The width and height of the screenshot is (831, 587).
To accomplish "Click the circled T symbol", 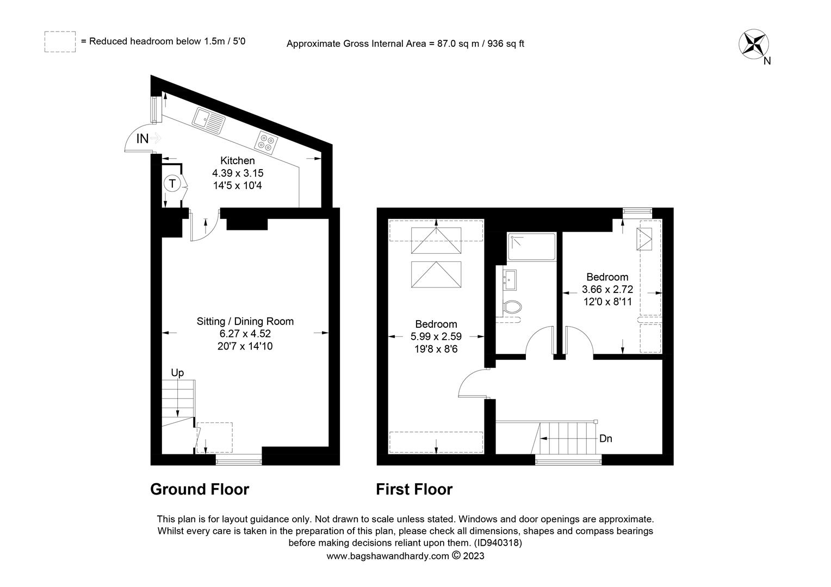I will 172,184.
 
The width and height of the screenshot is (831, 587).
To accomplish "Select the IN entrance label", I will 142,139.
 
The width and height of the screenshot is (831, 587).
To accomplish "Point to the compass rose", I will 753,44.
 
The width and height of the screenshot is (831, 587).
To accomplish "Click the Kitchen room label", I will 237,161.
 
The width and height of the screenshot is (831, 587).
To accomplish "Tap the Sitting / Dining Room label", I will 245,321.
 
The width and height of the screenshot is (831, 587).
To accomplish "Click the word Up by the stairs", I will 177,373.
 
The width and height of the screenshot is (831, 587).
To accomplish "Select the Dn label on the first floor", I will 605,439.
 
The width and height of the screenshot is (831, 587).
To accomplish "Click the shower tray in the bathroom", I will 531,247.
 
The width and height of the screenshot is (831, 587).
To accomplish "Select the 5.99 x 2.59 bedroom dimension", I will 436,336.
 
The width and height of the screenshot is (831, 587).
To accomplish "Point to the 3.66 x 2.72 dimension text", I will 607,290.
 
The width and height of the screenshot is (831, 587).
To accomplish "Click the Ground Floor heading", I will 200,490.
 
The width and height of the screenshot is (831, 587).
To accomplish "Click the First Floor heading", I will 414,490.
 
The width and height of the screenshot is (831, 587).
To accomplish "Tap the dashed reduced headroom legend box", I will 60,42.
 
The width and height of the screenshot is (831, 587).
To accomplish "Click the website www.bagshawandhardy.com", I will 387,556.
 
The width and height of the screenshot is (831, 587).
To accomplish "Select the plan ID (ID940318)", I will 498,542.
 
